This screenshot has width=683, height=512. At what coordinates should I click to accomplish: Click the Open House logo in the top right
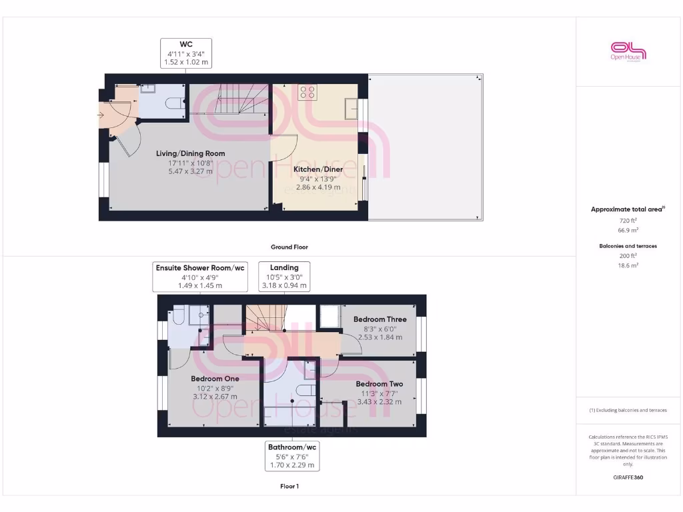click(628, 51)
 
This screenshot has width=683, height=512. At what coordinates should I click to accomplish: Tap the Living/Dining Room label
click(190, 153)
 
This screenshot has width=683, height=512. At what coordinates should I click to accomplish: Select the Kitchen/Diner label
click(318, 169)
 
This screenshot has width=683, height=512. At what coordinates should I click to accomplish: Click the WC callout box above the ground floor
click(186, 53)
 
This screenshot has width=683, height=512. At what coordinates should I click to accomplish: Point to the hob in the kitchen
click(307, 92)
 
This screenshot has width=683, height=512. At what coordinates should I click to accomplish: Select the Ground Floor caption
click(289, 247)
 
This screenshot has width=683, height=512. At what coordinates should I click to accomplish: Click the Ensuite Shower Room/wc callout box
click(200, 277)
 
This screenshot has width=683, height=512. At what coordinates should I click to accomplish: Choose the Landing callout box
click(284, 277)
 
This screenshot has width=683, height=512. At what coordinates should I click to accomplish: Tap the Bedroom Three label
click(380, 319)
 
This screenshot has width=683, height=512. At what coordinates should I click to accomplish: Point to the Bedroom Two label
click(379, 384)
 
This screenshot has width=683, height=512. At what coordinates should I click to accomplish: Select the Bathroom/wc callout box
click(291, 456)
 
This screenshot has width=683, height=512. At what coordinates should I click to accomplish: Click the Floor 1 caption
click(289, 487)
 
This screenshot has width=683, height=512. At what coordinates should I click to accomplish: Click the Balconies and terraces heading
click(628, 246)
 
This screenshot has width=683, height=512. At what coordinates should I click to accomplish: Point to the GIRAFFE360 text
click(628, 477)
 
